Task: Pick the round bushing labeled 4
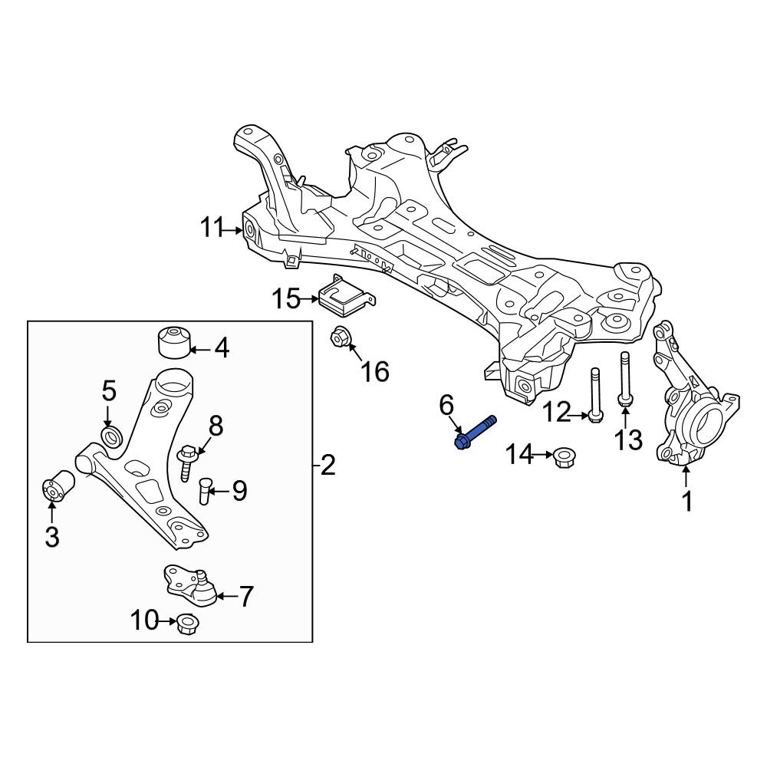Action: [173, 342]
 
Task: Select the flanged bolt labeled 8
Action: [186, 463]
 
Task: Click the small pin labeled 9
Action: [205, 490]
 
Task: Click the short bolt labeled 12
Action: [594, 394]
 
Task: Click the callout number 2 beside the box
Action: [328, 465]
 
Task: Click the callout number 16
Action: [375, 371]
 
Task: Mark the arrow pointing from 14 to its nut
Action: [543, 456]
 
